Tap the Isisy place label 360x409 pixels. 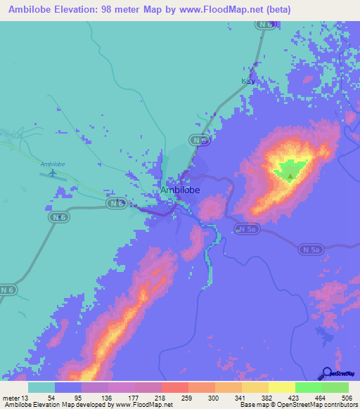[248, 82]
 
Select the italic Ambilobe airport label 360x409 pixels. [53, 164]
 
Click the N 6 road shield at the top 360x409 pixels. [264, 25]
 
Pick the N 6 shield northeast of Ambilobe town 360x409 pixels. [202, 141]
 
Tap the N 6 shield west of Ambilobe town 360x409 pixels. [117, 203]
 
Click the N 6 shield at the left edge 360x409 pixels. [8, 290]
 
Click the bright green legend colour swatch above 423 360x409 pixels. [308, 387]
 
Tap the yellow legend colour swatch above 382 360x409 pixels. [281, 387]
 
